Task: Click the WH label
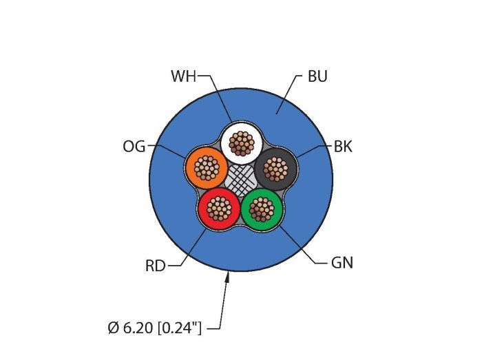point(184,76)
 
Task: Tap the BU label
point(317,76)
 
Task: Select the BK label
point(343,147)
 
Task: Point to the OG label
point(134,147)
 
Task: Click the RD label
point(156,266)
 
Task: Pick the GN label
point(342,262)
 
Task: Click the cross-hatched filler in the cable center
point(242,180)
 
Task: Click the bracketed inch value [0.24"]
point(178,328)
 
